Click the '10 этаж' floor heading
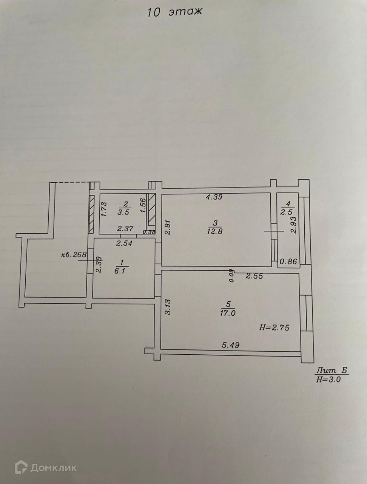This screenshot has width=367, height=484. click(x=174, y=11)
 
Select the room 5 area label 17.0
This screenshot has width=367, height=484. click(x=227, y=312)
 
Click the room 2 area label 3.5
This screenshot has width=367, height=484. click(x=123, y=212)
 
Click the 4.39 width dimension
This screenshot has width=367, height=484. click(x=214, y=197)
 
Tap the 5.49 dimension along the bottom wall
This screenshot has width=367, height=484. click(x=230, y=345)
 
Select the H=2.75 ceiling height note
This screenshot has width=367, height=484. click(x=274, y=328)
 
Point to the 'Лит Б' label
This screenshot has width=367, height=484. click(x=327, y=371)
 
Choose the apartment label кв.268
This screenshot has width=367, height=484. click(x=74, y=254)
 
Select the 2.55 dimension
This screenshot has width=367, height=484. click(x=254, y=276)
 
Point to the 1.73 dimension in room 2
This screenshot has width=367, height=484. click(x=105, y=209)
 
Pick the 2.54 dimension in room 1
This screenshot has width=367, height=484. click(x=124, y=243)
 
